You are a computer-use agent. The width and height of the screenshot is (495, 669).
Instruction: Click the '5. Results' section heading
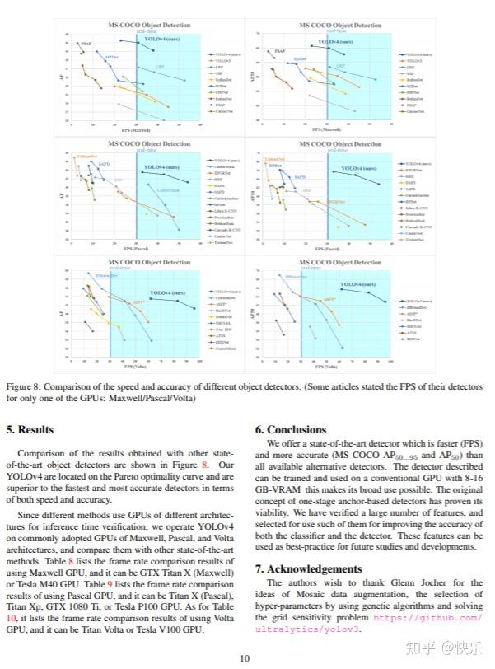coord(30,429)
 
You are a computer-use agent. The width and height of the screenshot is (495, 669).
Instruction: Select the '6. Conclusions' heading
coord(291,429)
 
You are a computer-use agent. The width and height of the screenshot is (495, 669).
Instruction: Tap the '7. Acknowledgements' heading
coord(309,568)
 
